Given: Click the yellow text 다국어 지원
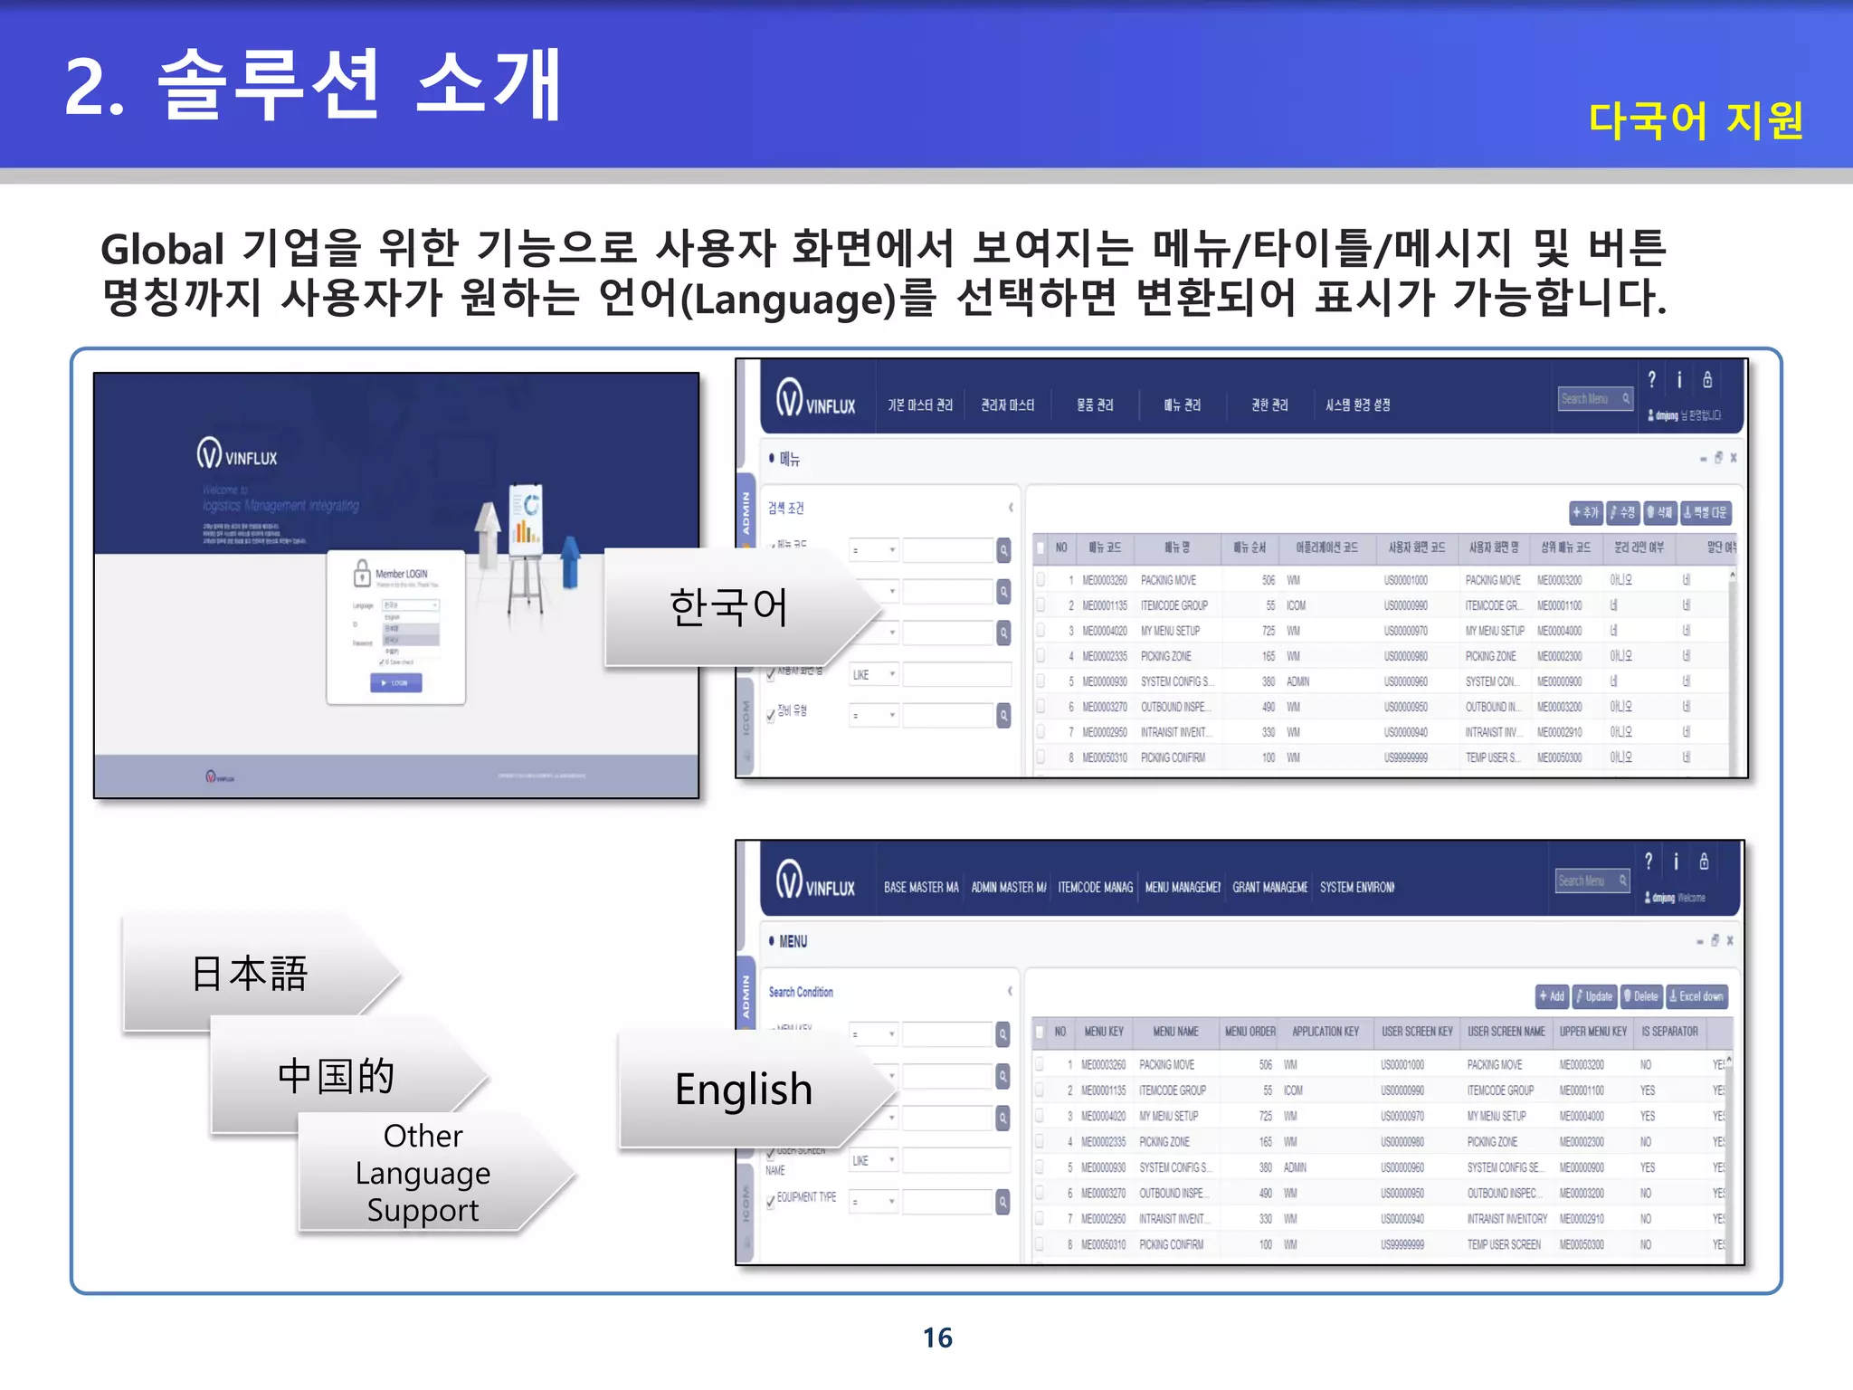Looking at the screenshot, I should (x=1696, y=120).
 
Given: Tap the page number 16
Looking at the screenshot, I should (x=937, y=1338).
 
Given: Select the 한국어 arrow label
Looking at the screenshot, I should (x=728, y=606).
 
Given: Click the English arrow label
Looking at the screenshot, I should (x=743, y=1089).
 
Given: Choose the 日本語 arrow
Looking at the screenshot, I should (x=250, y=974).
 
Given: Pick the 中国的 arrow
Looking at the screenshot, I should (x=336, y=1076).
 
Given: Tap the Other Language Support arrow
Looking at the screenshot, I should (x=423, y=1173).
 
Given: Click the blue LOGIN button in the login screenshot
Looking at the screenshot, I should (x=395, y=683).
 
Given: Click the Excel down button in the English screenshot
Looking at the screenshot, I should (x=1696, y=996).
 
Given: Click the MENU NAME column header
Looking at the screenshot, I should (x=1175, y=1032).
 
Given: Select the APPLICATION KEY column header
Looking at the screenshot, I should (x=1326, y=1032).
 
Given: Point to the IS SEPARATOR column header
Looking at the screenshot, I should (x=1669, y=1032).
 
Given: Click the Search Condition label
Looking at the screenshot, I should (x=801, y=992).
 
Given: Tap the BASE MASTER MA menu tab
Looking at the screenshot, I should (x=921, y=888).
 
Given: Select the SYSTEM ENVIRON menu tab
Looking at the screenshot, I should (x=1356, y=888).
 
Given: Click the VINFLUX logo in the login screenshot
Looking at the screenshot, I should (x=237, y=454).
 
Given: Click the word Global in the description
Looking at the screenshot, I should (x=162, y=250).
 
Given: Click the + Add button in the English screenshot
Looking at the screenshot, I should (x=1553, y=996).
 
